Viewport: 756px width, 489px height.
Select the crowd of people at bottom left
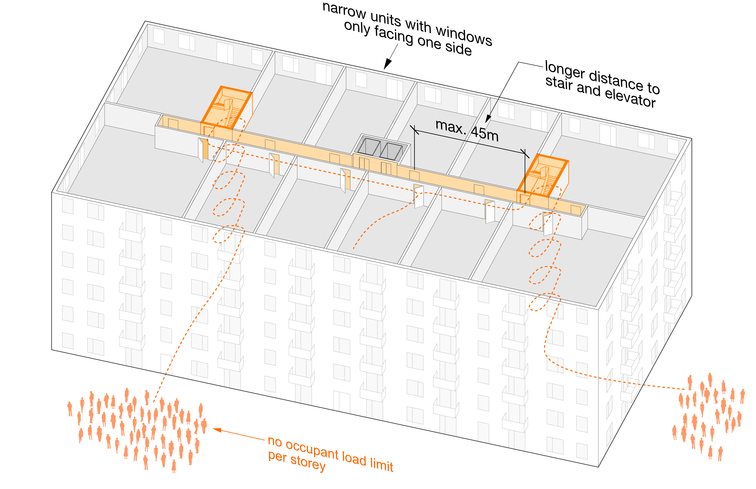137,429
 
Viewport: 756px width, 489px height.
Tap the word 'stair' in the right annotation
559,83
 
